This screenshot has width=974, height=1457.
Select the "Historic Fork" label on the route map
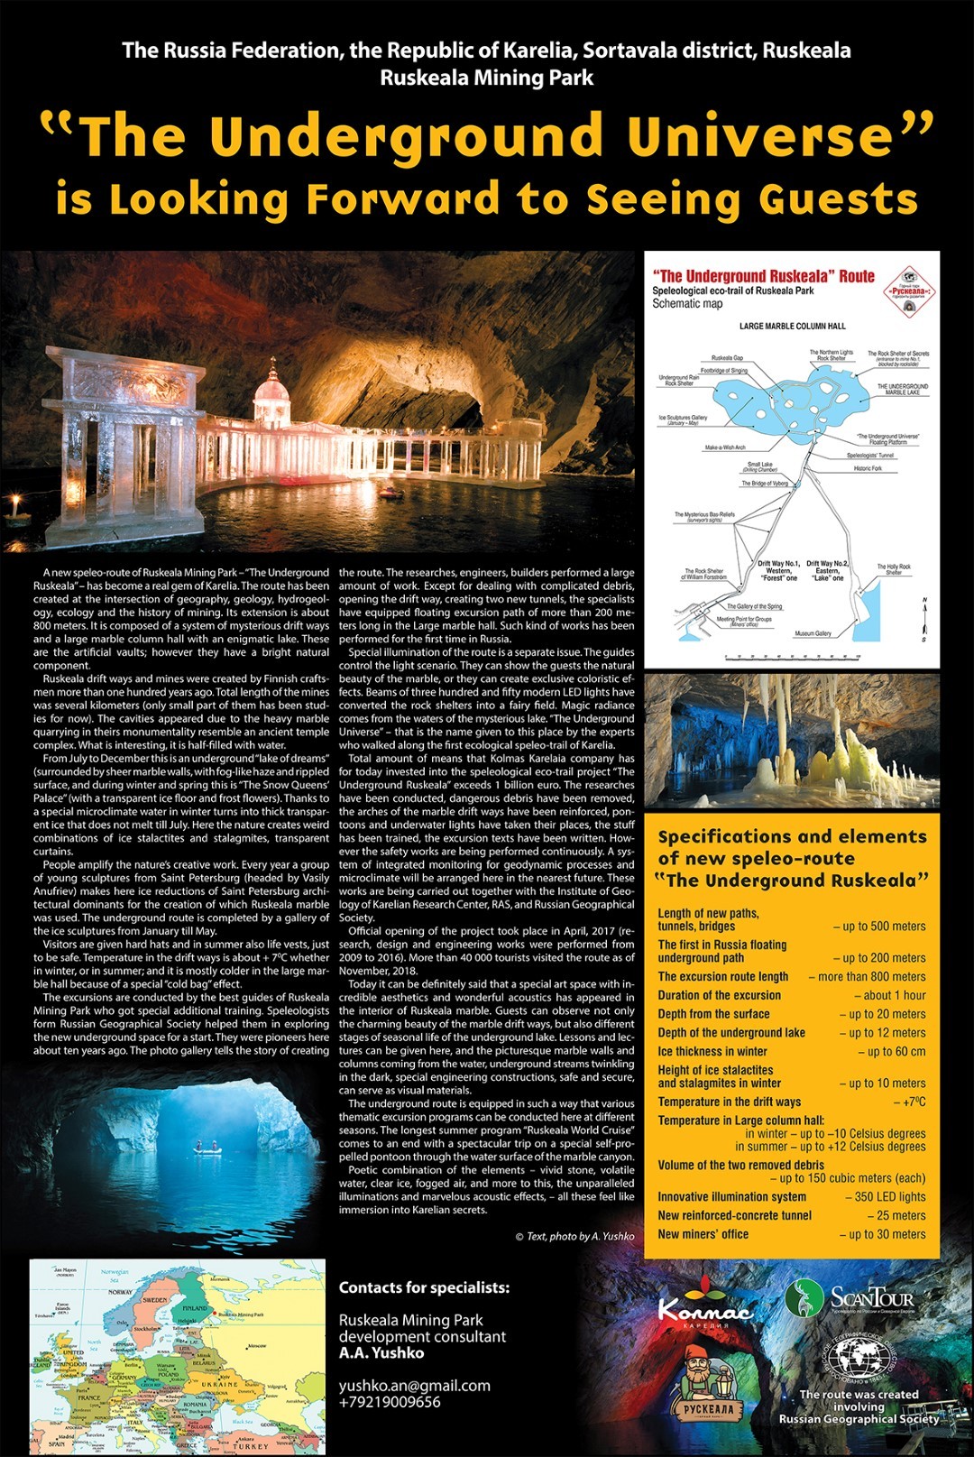[x=868, y=468]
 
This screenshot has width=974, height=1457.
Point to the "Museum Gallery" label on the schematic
[x=813, y=633]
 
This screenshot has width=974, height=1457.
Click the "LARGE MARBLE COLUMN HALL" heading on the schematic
[x=793, y=326]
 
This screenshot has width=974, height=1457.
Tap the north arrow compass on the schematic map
[x=923, y=620]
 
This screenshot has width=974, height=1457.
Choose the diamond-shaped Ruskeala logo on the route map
[x=908, y=290]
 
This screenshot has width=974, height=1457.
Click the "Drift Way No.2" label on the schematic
[x=827, y=564]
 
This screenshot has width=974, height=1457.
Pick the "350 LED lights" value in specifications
[x=886, y=1196]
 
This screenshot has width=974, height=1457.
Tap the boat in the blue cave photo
[x=207, y=1148]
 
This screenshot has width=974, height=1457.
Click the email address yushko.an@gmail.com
[x=415, y=1385]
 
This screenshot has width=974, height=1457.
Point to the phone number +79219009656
[x=390, y=1401]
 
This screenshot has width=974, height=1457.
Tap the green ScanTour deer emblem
[x=803, y=1297]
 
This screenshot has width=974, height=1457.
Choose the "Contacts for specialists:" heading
[x=424, y=1287]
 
